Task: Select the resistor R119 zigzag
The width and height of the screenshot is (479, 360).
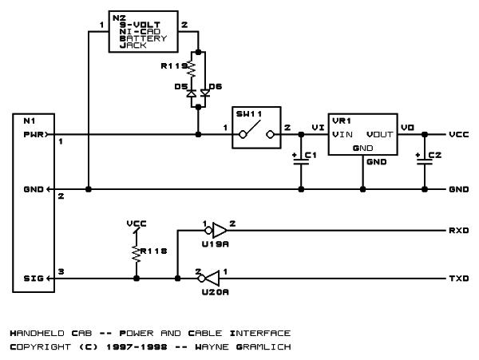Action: tap(192, 69)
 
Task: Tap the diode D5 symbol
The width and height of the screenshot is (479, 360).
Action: tap(192, 93)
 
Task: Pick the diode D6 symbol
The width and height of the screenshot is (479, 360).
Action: tap(205, 93)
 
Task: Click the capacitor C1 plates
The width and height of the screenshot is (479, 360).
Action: tap(301, 162)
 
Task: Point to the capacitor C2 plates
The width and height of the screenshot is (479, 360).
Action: tap(425, 162)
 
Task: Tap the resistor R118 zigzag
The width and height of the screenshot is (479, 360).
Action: tap(137, 253)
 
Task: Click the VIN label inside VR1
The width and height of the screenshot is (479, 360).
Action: tap(342, 134)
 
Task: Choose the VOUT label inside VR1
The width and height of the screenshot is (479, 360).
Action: tap(380, 134)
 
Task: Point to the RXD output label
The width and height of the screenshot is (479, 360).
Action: tap(459, 230)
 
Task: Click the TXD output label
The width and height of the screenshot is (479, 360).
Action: tap(459, 278)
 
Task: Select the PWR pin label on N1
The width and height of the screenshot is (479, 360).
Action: tap(34, 134)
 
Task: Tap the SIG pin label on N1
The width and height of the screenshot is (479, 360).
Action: tap(34, 278)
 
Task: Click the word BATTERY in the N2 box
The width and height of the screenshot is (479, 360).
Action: tap(143, 38)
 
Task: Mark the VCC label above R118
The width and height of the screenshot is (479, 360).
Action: tap(137, 224)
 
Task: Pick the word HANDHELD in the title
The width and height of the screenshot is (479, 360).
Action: tap(38, 333)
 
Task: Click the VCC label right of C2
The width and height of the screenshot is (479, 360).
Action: tap(459, 134)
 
